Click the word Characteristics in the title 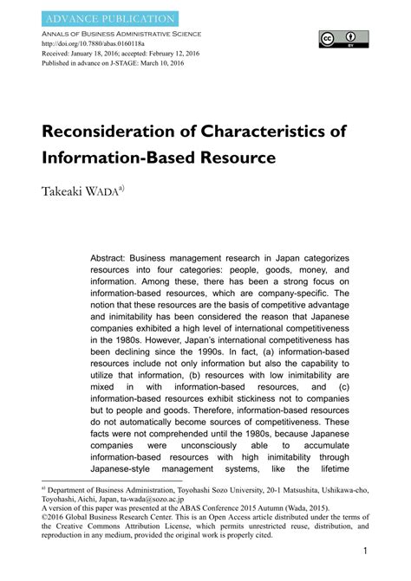coord(260,135)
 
